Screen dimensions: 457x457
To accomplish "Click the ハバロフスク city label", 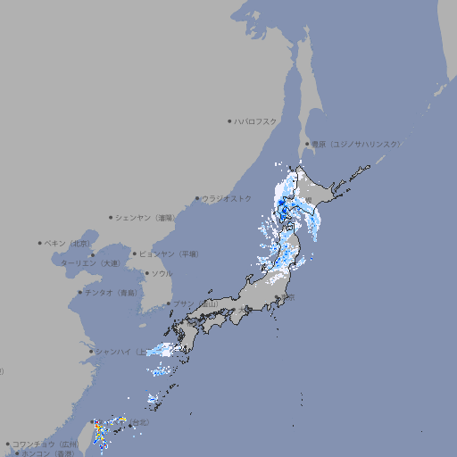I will tap(256, 120).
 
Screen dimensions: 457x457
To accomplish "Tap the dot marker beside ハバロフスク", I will tap(229, 120).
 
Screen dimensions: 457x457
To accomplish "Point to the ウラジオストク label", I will tap(227, 198).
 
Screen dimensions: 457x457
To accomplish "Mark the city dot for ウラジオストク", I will tap(197, 198).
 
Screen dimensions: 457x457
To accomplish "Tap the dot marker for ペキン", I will tap(40, 243).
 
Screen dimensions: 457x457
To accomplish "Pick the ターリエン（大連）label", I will tap(90, 263).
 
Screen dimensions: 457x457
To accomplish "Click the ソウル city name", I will tap(162, 273).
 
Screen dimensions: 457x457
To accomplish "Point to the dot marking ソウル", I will tap(145, 273).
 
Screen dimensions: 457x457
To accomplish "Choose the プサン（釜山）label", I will tap(195, 304).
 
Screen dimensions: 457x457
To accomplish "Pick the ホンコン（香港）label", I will tap(46, 453).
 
